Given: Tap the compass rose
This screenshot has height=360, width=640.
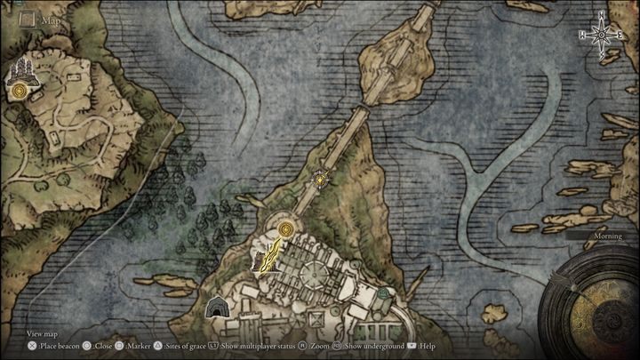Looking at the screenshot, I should click(x=601, y=35).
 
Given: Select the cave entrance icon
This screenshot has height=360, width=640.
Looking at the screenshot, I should click(x=215, y=308).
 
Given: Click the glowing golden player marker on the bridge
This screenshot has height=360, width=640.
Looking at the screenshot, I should click(x=318, y=180).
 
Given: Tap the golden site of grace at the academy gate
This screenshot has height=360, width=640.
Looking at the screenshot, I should click(x=285, y=229).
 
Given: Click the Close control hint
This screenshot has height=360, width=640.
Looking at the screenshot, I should click(x=104, y=345).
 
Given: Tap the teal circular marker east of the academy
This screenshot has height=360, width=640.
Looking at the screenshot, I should click(x=382, y=292).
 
